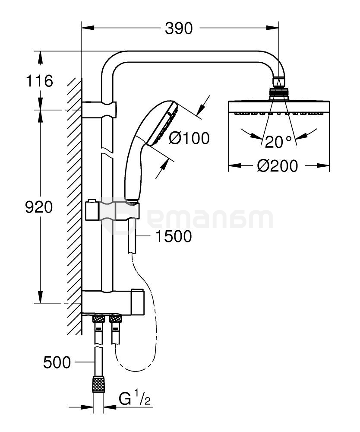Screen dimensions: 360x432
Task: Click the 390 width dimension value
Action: point(179,29)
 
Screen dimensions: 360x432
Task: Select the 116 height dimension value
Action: point(39,81)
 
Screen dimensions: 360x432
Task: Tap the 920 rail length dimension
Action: point(39,207)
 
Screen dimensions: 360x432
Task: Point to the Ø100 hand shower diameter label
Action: point(189,138)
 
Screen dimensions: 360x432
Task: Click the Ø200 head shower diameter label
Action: point(278,165)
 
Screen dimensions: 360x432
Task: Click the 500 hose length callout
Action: point(57,362)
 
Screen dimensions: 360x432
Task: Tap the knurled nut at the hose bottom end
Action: point(98,384)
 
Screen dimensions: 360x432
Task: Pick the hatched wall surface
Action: point(74,207)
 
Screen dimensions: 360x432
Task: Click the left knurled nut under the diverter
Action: point(99,319)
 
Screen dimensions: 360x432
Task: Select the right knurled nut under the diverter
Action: point(115,319)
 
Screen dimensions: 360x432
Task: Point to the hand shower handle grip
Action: point(132,173)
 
